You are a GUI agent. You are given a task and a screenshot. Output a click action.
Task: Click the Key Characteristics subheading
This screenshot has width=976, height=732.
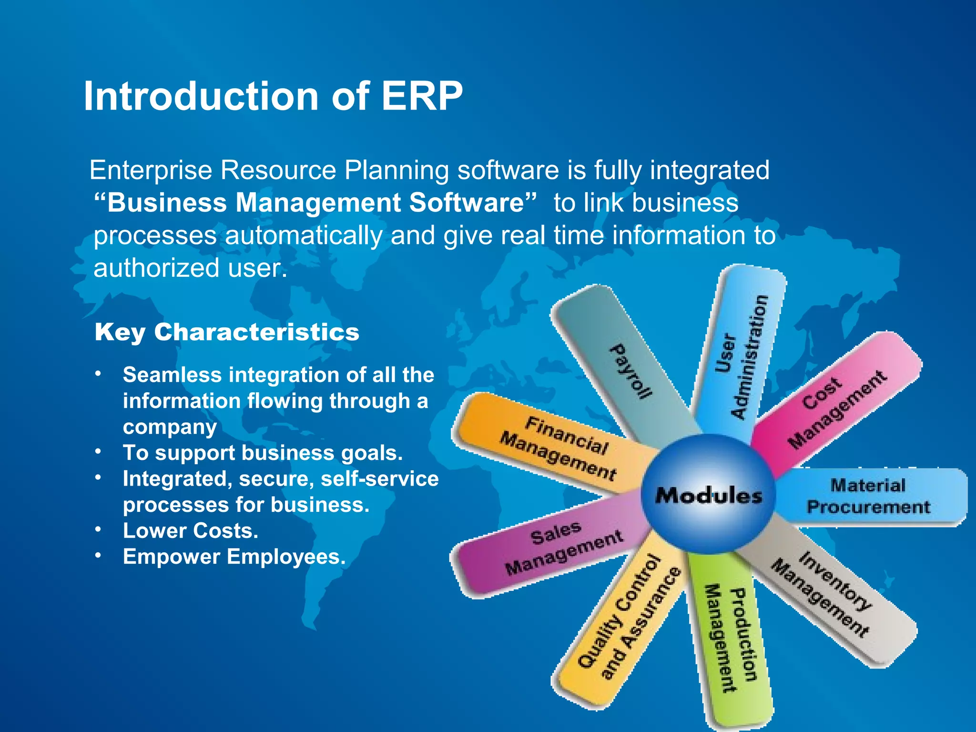[227, 332]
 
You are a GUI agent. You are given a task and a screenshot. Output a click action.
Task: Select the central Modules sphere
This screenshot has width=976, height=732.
[709, 495]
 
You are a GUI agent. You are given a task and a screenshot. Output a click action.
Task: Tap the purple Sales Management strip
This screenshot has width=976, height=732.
[553, 553]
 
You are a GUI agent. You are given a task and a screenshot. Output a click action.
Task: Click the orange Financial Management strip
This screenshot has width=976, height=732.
[553, 446]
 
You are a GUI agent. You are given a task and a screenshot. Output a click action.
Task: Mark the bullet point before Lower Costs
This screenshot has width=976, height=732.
[98, 529]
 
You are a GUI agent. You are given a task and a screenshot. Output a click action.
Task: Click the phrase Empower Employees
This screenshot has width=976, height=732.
[234, 557]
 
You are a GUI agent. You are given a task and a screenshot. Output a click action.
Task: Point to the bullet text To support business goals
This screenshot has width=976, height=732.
[263, 453]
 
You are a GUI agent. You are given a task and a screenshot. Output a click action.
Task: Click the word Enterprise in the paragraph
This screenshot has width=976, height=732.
[151, 170]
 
